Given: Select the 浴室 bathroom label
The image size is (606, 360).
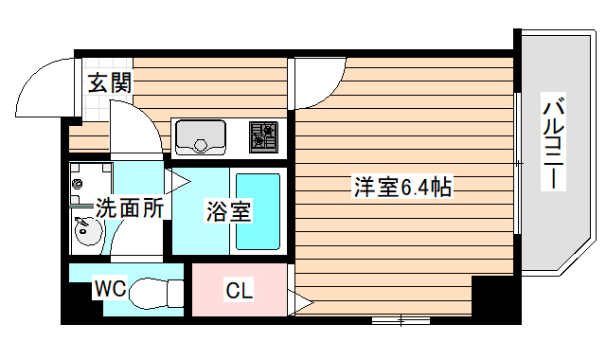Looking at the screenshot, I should coord(228,210).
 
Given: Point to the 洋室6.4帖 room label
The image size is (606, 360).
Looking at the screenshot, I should coord(401,188).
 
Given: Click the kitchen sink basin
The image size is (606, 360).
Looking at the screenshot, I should coord(200,136).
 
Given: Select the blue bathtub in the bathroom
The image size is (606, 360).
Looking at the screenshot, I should coord(258,211).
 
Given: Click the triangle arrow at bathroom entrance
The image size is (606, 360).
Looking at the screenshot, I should coord(176,180).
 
